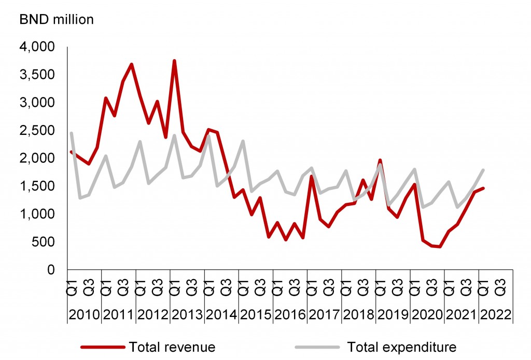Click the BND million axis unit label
[57, 20]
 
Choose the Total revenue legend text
[172, 347]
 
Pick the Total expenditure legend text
[401, 347]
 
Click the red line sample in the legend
[102, 347]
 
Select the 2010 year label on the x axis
[84, 314]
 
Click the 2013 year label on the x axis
[187, 314]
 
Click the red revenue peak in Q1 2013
[174, 61]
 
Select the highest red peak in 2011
[132, 64]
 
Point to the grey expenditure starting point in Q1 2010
[72, 133]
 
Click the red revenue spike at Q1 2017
[311, 176]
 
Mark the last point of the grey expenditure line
[483, 170]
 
